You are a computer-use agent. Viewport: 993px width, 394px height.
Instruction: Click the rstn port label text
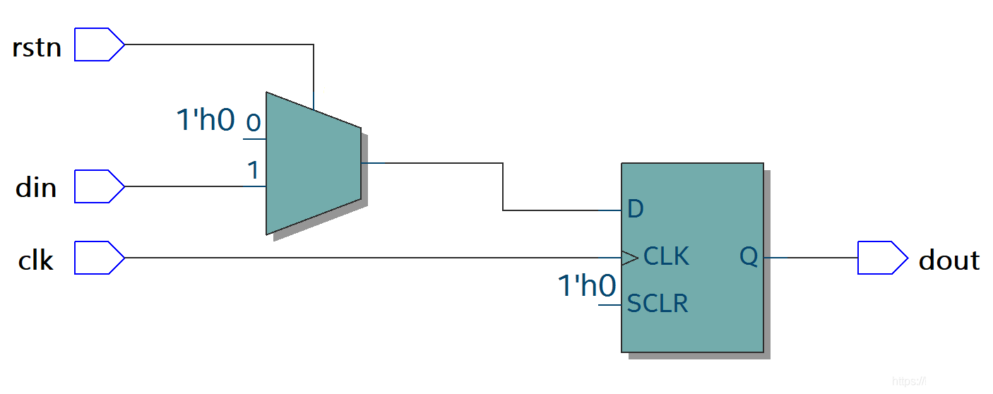click(x=37, y=48)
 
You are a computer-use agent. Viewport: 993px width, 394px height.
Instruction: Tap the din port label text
click(x=36, y=189)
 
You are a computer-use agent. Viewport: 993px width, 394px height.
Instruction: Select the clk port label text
click(x=35, y=261)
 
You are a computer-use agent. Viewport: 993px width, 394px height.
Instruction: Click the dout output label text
click(x=949, y=261)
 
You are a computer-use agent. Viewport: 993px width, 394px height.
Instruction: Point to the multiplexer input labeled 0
click(x=252, y=124)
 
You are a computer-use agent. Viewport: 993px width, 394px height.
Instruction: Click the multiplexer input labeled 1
click(x=252, y=170)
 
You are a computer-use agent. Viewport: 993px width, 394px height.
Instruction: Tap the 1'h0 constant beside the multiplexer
click(x=205, y=121)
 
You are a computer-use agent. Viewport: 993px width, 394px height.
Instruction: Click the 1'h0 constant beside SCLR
click(x=586, y=287)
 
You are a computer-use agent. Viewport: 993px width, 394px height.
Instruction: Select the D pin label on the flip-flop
click(x=635, y=210)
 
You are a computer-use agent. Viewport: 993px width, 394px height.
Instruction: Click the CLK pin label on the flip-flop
click(x=666, y=256)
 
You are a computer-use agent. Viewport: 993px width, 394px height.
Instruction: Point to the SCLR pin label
click(x=657, y=304)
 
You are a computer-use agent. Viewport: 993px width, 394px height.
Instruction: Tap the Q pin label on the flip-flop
click(x=749, y=256)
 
